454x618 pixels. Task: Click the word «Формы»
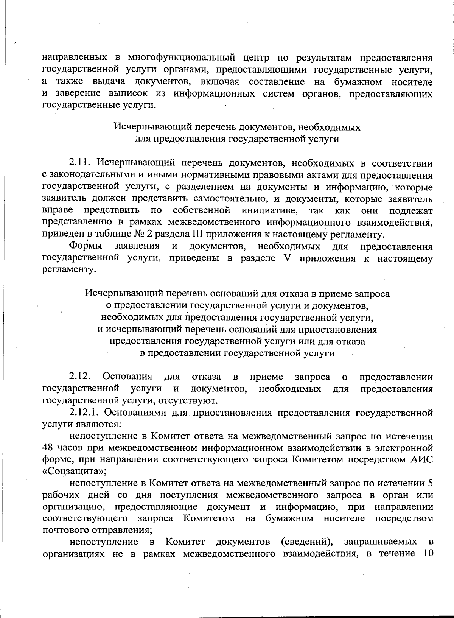[86, 246]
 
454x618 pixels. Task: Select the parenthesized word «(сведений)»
[306, 542]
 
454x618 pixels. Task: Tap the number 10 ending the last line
[426, 554]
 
